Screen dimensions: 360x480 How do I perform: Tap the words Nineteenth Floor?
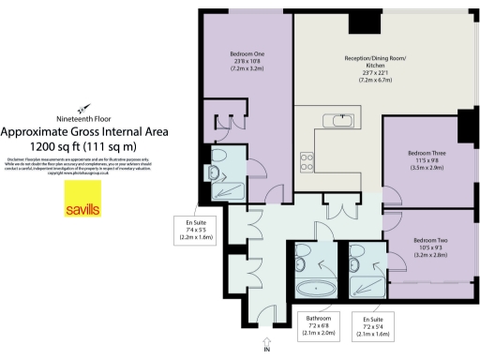(x=85, y=119)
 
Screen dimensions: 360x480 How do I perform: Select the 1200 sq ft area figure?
(x=85, y=146)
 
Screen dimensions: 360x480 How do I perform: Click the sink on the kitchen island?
(x=336, y=120)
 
